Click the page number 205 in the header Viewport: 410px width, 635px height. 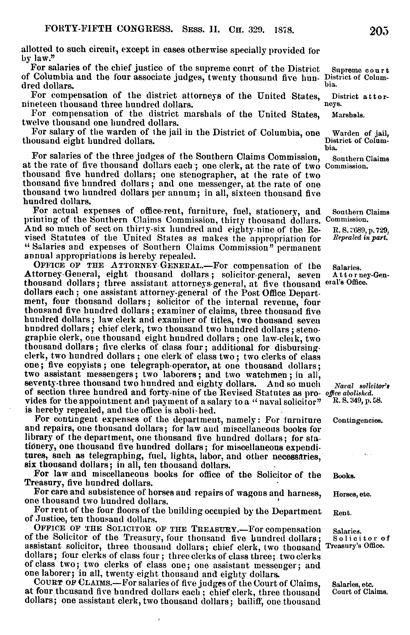379,31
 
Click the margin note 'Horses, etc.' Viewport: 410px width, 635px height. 352,495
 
